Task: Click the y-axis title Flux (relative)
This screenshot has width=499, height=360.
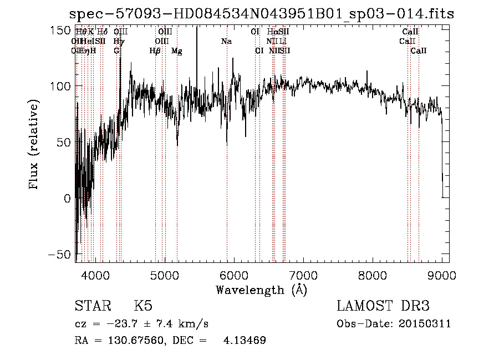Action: pyautogui.click(x=34, y=145)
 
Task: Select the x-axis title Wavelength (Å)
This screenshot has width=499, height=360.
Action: pyautogui.click(x=261, y=290)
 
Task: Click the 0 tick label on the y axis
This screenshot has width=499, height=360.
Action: pyautogui.click(x=68, y=198)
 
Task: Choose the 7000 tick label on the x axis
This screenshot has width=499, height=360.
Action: pyautogui.click(x=303, y=273)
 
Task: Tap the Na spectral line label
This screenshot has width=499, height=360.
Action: pyautogui.click(x=226, y=41)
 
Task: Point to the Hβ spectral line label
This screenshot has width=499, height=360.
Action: pyautogui.click(x=155, y=50)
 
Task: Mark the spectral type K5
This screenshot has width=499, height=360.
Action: pyautogui.click(x=143, y=306)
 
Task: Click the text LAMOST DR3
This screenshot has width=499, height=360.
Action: pyautogui.click(x=383, y=306)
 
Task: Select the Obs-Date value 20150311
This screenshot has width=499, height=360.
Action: pyautogui.click(x=425, y=324)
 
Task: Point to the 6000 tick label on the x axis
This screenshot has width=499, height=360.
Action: pyautogui.click(x=234, y=273)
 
